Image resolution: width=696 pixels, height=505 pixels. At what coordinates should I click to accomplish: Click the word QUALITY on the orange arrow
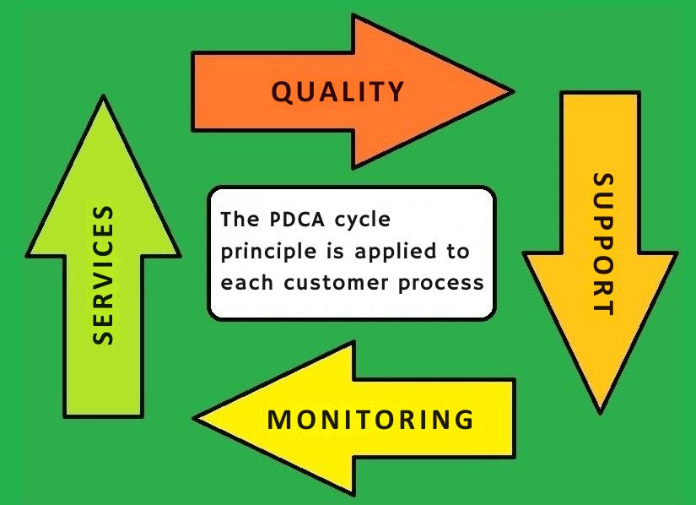click(x=337, y=91)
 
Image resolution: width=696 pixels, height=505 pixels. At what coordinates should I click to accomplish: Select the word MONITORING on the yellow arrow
click(x=370, y=419)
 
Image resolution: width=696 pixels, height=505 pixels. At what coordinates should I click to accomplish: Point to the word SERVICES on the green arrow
click(x=103, y=274)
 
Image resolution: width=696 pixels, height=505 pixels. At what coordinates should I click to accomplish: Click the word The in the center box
click(x=235, y=220)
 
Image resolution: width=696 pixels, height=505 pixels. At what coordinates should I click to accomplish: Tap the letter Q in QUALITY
click(x=283, y=91)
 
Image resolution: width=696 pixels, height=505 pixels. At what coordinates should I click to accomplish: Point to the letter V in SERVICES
click(x=103, y=274)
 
